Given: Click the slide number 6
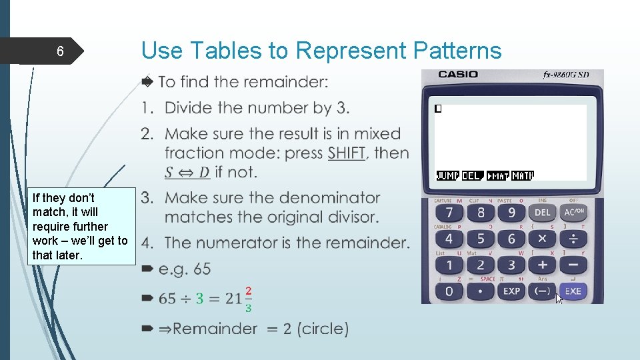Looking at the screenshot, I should click(60, 51).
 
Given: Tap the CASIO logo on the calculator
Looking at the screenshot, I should click(458, 75).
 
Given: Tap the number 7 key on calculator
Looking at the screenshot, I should click(449, 213).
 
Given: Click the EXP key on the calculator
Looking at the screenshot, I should click(511, 291).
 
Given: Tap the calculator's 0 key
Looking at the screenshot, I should click(449, 291).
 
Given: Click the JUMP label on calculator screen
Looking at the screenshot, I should click(447, 176).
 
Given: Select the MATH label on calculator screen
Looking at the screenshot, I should click(523, 176).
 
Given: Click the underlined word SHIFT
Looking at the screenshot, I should click(346, 153).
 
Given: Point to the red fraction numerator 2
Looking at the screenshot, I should click(248, 291).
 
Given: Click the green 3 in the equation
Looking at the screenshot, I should click(199, 299).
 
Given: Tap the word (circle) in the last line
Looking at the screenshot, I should click(323, 329).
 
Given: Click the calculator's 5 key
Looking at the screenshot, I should click(481, 239).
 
